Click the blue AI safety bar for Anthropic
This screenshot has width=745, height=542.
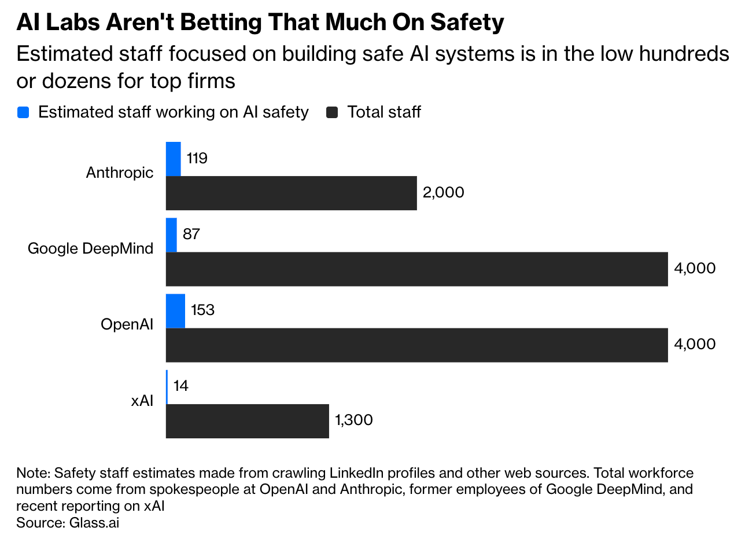pyautogui.click(x=174, y=159)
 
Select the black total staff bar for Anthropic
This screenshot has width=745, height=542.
pyautogui.click(x=292, y=193)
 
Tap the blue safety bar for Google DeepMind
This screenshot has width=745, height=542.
pyautogui.click(x=171, y=235)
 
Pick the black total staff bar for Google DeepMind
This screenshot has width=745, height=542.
pyautogui.click(x=417, y=269)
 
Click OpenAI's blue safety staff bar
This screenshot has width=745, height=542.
pyautogui.click(x=176, y=311)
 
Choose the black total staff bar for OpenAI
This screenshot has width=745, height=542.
pyautogui.click(x=417, y=345)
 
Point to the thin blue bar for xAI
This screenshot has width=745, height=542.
pyautogui.click(x=167, y=387)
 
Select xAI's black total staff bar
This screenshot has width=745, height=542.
pyautogui.click(x=248, y=421)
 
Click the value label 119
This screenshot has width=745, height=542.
pyautogui.click(x=197, y=158)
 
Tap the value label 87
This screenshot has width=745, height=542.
pyautogui.click(x=191, y=234)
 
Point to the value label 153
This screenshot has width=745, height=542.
pyautogui.click(x=202, y=310)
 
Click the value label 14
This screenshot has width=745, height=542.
pyautogui.click(x=181, y=386)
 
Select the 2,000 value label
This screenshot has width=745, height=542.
pyautogui.click(x=443, y=192)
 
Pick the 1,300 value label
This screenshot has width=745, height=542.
pyautogui.click(x=354, y=420)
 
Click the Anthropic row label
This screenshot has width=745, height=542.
pyautogui.click(x=120, y=173)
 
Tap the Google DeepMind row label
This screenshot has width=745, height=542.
pyautogui.click(x=90, y=248)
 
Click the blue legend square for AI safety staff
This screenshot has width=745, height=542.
pyautogui.click(x=23, y=112)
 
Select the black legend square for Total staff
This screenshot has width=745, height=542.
pyautogui.click(x=332, y=112)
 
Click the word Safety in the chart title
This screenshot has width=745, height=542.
pyautogui.click(x=467, y=23)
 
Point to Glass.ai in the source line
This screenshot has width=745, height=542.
pyautogui.click(x=94, y=523)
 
